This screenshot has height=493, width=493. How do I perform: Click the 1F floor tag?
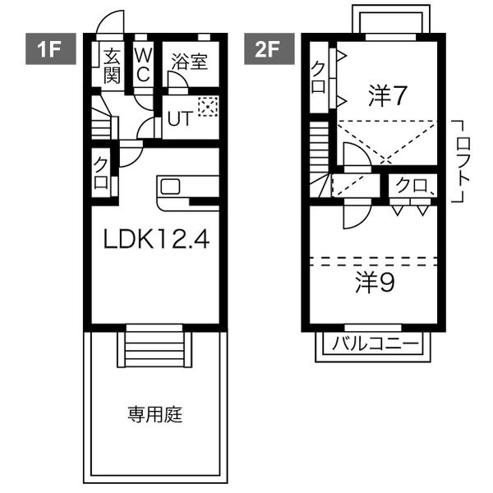(x=51, y=48)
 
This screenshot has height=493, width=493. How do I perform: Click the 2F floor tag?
(x=270, y=48)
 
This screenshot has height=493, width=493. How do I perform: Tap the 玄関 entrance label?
(x=112, y=67)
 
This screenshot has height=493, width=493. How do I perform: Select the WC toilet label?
(x=143, y=66)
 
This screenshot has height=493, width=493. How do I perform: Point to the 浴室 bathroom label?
(x=190, y=62)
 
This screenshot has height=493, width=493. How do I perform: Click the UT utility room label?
(x=179, y=119)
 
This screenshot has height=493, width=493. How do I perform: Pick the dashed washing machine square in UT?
(x=208, y=107)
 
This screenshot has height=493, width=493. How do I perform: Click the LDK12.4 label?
(x=156, y=239)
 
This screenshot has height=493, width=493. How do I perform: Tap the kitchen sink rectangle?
(x=170, y=187)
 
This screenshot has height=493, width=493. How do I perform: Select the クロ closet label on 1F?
(x=101, y=173)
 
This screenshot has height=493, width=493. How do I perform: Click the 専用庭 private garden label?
(x=155, y=414)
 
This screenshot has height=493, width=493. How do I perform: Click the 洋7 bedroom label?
(x=388, y=96)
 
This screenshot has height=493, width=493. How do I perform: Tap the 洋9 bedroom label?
(x=375, y=283)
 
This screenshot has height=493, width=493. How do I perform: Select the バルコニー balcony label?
(x=376, y=343)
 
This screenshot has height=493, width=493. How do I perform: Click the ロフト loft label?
(x=463, y=160)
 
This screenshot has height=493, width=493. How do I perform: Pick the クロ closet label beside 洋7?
(x=318, y=77)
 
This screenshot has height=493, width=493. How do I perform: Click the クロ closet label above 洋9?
(x=412, y=186)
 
